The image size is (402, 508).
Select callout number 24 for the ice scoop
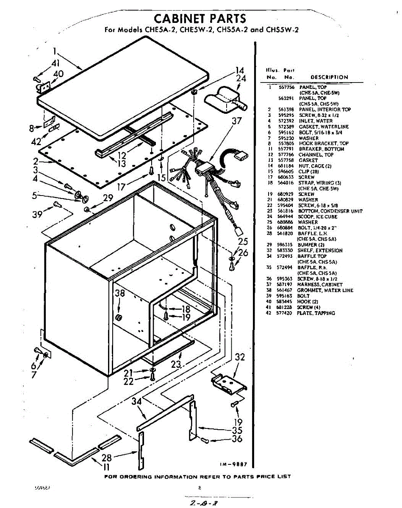[x=241, y=78]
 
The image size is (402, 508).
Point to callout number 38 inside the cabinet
[x=120, y=293]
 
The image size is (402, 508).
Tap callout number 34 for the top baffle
[x=136, y=400]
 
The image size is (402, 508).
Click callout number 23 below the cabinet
[x=176, y=364]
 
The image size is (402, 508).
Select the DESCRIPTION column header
[x=329, y=77]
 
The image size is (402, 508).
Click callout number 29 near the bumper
[x=108, y=197]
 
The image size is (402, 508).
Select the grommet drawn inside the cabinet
[x=119, y=317]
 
